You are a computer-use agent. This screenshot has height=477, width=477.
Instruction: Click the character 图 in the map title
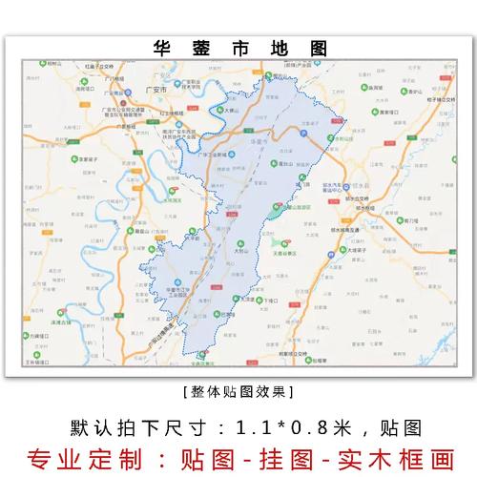[x=317, y=48]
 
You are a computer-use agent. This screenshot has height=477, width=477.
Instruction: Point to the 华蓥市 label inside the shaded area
[x=256, y=140]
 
